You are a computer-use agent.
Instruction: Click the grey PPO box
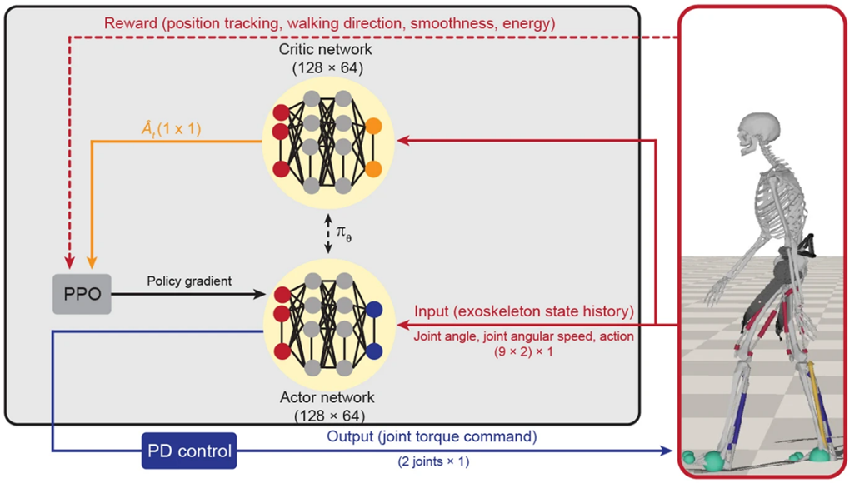click(x=82, y=295)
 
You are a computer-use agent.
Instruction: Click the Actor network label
click(x=327, y=397)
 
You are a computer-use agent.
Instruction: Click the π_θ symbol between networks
click(x=342, y=237)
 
